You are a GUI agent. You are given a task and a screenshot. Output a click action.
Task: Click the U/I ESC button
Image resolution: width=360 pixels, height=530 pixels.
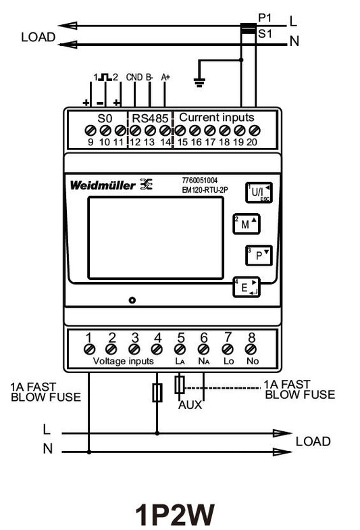(x=259, y=192)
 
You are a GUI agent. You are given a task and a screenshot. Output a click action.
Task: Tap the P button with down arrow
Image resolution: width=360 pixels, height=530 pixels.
(x=259, y=256)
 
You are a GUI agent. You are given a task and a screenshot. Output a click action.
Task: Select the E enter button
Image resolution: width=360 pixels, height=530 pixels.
(x=246, y=287)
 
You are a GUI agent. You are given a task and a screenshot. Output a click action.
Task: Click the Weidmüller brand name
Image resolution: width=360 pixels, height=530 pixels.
(x=103, y=185)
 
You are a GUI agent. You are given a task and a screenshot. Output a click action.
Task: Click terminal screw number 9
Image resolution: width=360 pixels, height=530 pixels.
(x=90, y=130)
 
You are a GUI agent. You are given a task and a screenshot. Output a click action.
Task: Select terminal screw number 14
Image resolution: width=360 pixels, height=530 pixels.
(x=165, y=130)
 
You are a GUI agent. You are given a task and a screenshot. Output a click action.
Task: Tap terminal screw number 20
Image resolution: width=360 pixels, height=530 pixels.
(x=254, y=130)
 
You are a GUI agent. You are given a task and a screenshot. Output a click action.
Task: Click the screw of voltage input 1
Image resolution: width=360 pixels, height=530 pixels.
(x=89, y=349)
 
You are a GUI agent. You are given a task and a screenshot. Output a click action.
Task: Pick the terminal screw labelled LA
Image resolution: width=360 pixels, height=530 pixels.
(x=180, y=349)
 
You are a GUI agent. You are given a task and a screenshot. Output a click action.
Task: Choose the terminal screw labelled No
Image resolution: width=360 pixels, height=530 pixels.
(x=251, y=349)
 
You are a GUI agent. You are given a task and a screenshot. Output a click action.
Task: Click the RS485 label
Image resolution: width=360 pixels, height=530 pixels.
(x=150, y=118)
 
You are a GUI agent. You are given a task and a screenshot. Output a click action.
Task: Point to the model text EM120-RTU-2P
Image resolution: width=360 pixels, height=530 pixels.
(x=205, y=190)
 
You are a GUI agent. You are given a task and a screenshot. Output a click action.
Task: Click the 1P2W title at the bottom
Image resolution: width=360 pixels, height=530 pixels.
(x=175, y=514)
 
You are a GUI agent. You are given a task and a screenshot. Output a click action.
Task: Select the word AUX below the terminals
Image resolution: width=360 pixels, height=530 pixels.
(x=190, y=404)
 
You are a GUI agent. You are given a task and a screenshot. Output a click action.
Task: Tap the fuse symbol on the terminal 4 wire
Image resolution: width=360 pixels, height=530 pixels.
(x=157, y=393)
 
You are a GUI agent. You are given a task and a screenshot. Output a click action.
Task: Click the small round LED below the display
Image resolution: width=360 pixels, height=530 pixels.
(x=132, y=300)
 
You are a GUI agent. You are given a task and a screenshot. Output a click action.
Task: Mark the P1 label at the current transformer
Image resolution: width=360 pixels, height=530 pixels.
(x=265, y=18)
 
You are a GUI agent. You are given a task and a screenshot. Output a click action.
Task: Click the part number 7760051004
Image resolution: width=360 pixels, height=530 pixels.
(x=200, y=180)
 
